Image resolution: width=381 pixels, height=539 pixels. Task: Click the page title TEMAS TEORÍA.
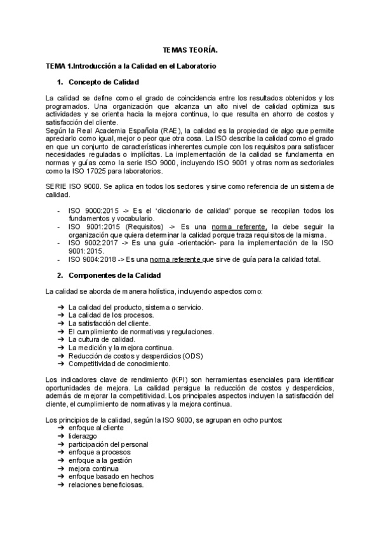pyautogui.click(x=190, y=49)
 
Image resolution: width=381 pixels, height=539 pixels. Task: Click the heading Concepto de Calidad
pyautogui.click(x=103, y=82)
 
